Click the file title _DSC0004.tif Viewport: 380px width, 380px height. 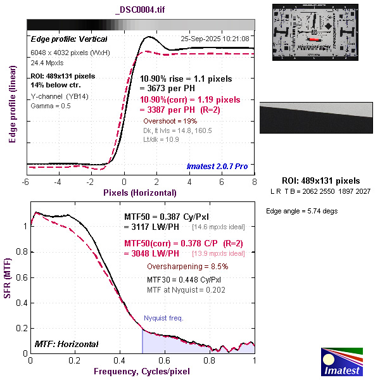141,9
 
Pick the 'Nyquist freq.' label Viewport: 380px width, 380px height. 163,318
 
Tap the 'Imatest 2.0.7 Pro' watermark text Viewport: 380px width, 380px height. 217,167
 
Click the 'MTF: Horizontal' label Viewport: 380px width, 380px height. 66,344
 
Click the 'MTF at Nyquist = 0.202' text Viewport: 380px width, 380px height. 186,289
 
